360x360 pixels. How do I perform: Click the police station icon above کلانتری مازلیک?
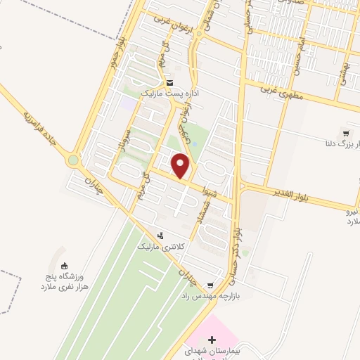tap(161, 236)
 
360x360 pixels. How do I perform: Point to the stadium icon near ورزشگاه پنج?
tap(65, 266)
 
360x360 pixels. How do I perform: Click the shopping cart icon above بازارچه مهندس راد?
tap(210, 285)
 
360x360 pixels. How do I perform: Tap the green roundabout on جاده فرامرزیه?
tap(74, 160)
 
